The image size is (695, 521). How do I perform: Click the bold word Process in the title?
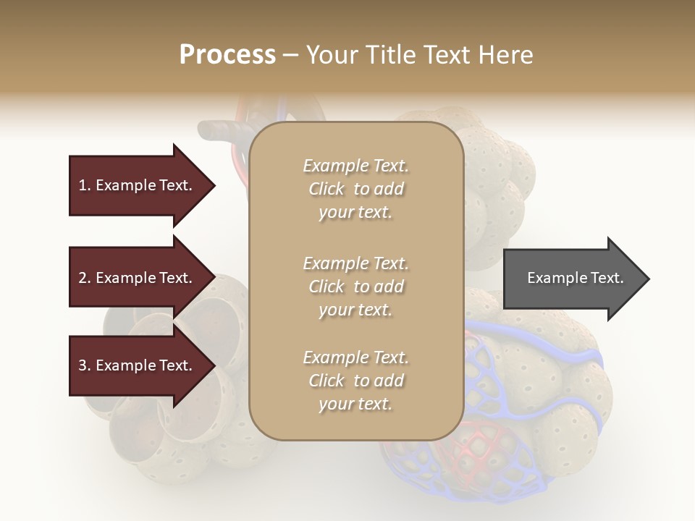click(x=227, y=55)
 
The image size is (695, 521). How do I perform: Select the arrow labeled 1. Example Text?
click(x=138, y=185)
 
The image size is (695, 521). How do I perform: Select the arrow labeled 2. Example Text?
click(x=138, y=278)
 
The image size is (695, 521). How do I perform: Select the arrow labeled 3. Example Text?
click(x=138, y=365)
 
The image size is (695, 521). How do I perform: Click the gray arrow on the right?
click(x=572, y=279)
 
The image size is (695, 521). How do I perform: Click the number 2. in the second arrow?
click(x=84, y=278)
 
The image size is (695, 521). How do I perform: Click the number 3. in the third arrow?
click(x=84, y=365)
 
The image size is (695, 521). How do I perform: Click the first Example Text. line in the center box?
click(x=355, y=166)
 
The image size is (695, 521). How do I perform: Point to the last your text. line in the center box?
click(x=355, y=404)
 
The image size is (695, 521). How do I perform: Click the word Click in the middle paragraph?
click(x=327, y=287)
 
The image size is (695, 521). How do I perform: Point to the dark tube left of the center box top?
click(x=217, y=131)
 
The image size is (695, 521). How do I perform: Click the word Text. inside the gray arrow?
click(x=607, y=278)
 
